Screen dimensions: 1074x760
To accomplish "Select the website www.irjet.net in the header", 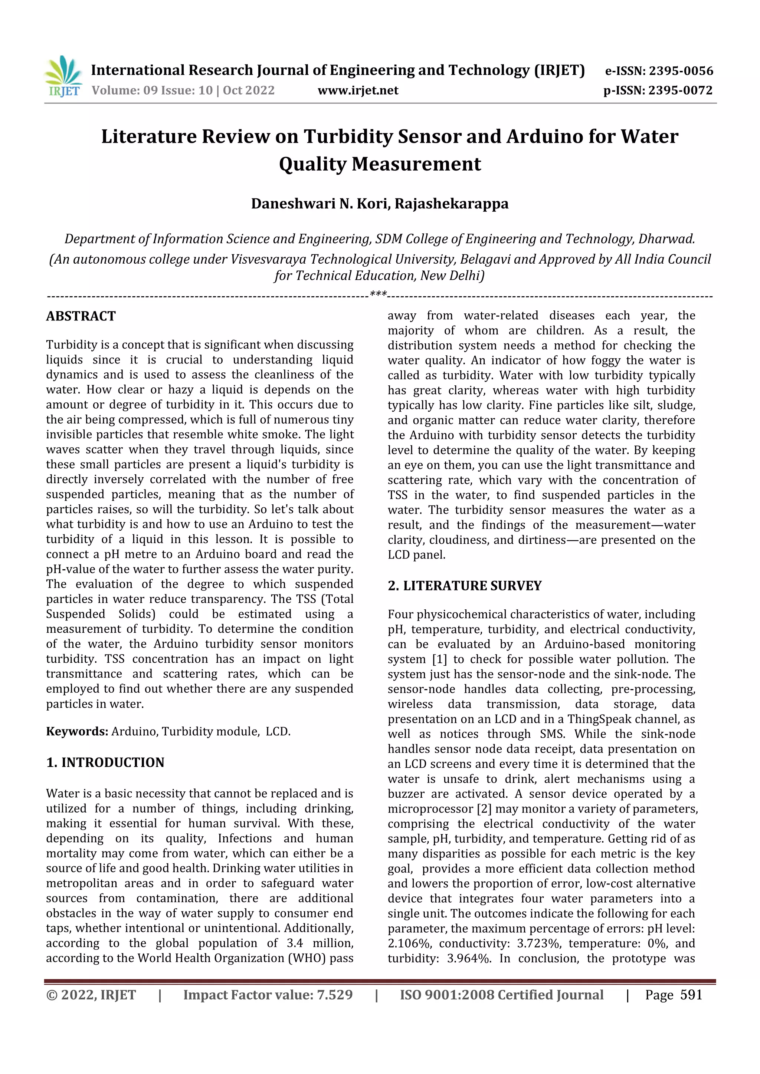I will (x=358, y=90).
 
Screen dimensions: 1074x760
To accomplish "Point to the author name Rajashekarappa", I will (x=451, y=204).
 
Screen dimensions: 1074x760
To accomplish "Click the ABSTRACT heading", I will (x=81, y=316).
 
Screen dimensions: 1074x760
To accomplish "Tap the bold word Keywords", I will (x=77, y=732).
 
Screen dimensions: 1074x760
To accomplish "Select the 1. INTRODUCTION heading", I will (x=105, y=762).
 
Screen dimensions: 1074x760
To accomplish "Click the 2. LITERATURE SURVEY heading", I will (x=464, y=586).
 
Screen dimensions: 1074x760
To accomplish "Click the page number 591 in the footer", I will (x=691, y=995).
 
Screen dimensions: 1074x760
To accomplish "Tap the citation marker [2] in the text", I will (x=484, y=809).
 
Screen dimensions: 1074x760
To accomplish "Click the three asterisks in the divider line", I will (x=378, y=294).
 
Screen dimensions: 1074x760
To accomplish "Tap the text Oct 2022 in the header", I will (x=249, y=90).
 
